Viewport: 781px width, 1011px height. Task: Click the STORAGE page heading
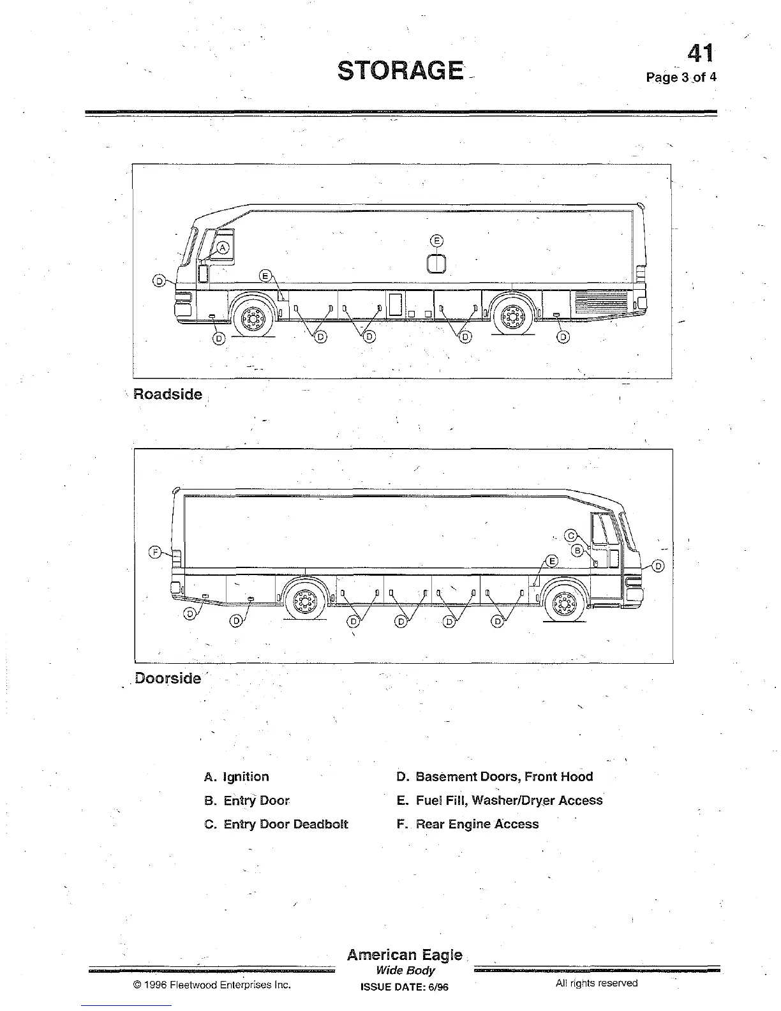click(x=400, y=70)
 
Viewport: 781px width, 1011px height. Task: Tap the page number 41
click(x=701, y=53)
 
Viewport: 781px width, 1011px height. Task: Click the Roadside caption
click(x=168, y=394)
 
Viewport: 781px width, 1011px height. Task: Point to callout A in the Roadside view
click(x=223, y=248)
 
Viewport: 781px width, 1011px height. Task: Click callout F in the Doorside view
click(x=155, y=553)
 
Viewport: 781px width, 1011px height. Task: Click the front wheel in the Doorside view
click(x=565, y=602)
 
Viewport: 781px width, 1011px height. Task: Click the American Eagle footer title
click(x=405, y=955)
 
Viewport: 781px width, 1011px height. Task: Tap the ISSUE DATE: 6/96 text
click(x=405, y=987)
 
